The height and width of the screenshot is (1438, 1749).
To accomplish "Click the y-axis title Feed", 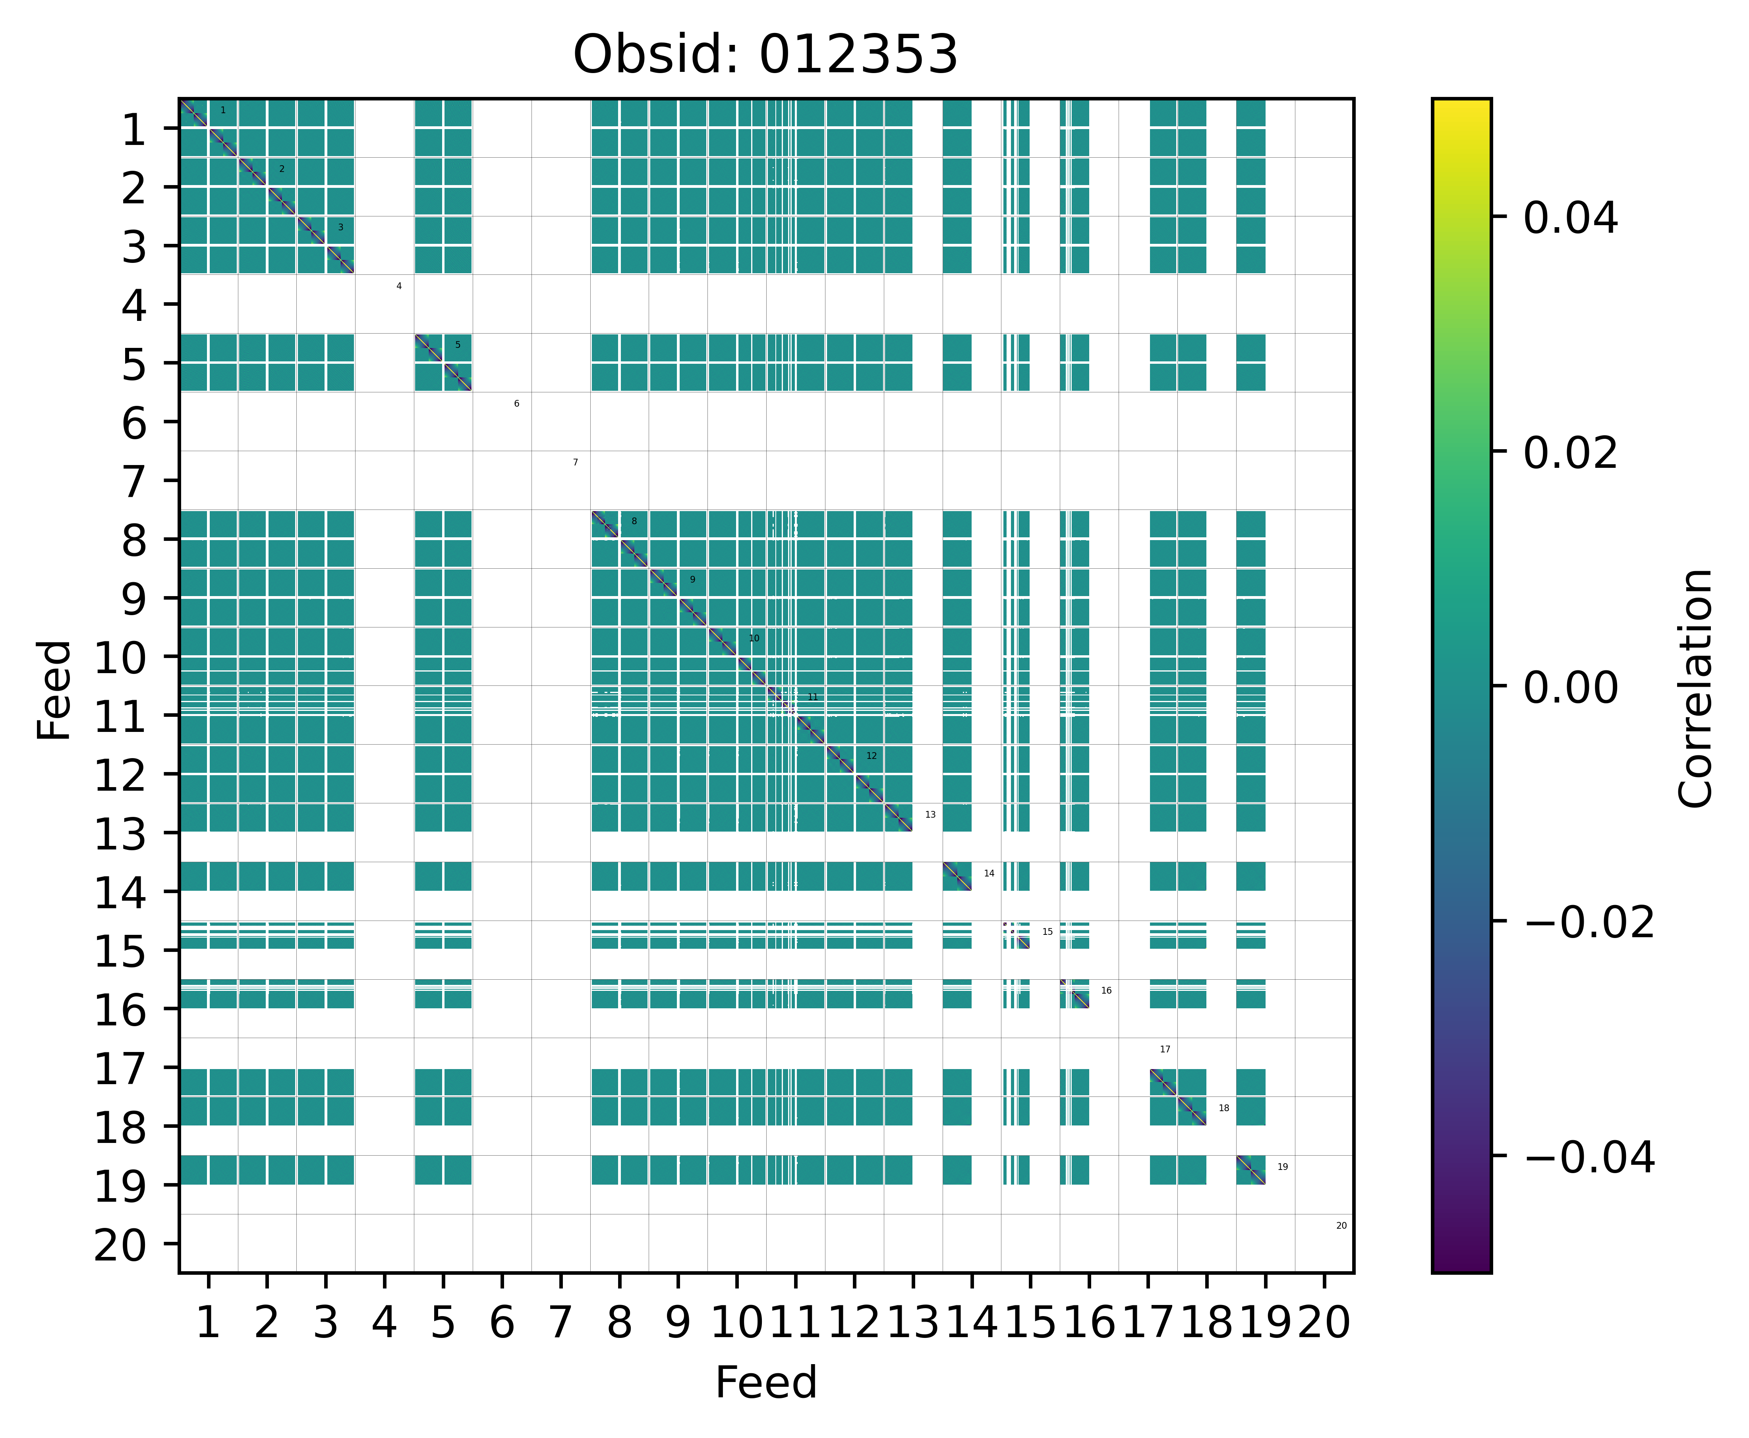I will (x=55, y=689).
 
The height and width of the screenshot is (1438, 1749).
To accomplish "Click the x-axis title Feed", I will (x=765, y=1382).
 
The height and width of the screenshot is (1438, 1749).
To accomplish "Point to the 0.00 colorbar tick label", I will (x=1570, y=687).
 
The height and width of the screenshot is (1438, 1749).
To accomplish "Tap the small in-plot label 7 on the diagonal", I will (x=575, y=462).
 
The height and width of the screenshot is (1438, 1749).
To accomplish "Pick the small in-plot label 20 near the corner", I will (x=1341, y=1225).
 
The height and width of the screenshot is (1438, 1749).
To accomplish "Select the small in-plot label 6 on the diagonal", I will (x=516, y=403).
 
